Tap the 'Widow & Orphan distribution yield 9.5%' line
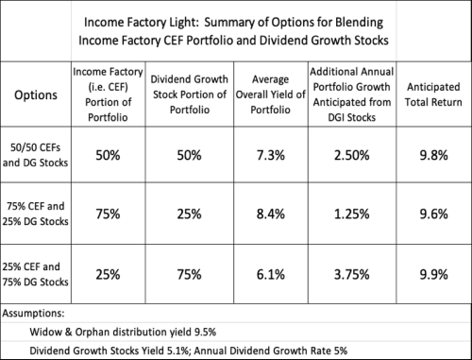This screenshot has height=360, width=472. pos(122,330)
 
